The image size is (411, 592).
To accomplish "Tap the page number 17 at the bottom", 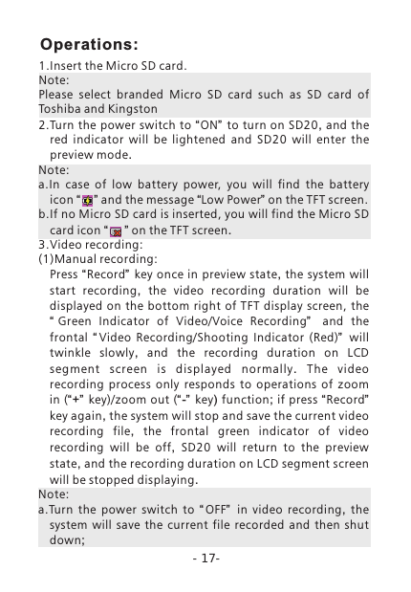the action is pyautogui.click(x=205, y=558).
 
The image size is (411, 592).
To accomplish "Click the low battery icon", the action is pyautogui.click(x=87, y=200).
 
